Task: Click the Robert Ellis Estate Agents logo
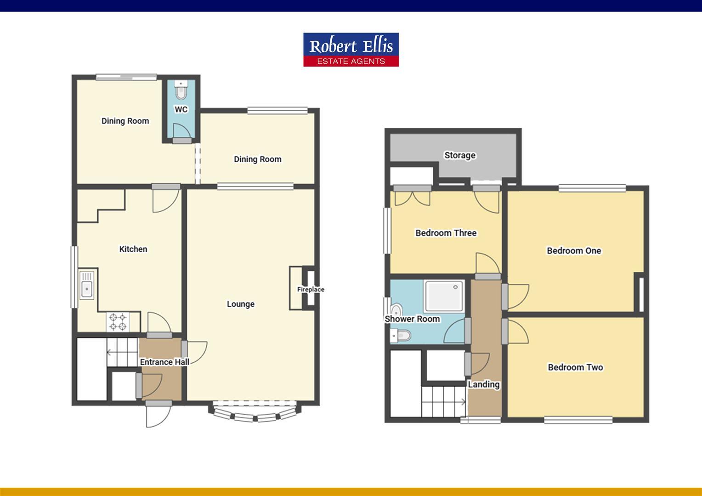351,50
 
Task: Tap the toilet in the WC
181,91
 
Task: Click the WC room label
181,109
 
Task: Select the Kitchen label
133,249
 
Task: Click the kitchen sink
86,285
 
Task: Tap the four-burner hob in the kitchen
118,321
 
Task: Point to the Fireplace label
311,289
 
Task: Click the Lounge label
240,304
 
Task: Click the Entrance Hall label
164,362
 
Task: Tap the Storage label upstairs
459,155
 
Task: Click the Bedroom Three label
446,233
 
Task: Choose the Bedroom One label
574,251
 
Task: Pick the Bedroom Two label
575,367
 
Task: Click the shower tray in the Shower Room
443,296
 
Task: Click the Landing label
484,384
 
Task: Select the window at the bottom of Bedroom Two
578,419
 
